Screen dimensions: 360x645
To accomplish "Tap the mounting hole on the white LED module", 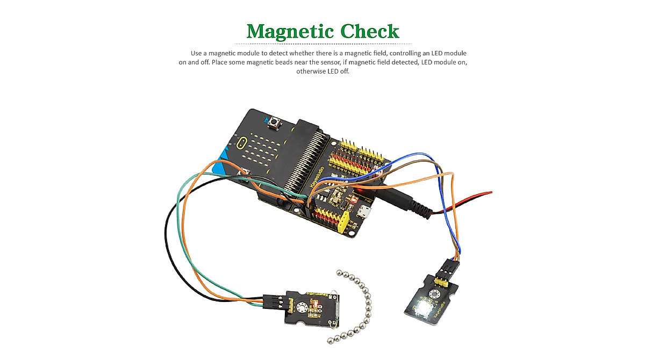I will click(435, 294).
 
